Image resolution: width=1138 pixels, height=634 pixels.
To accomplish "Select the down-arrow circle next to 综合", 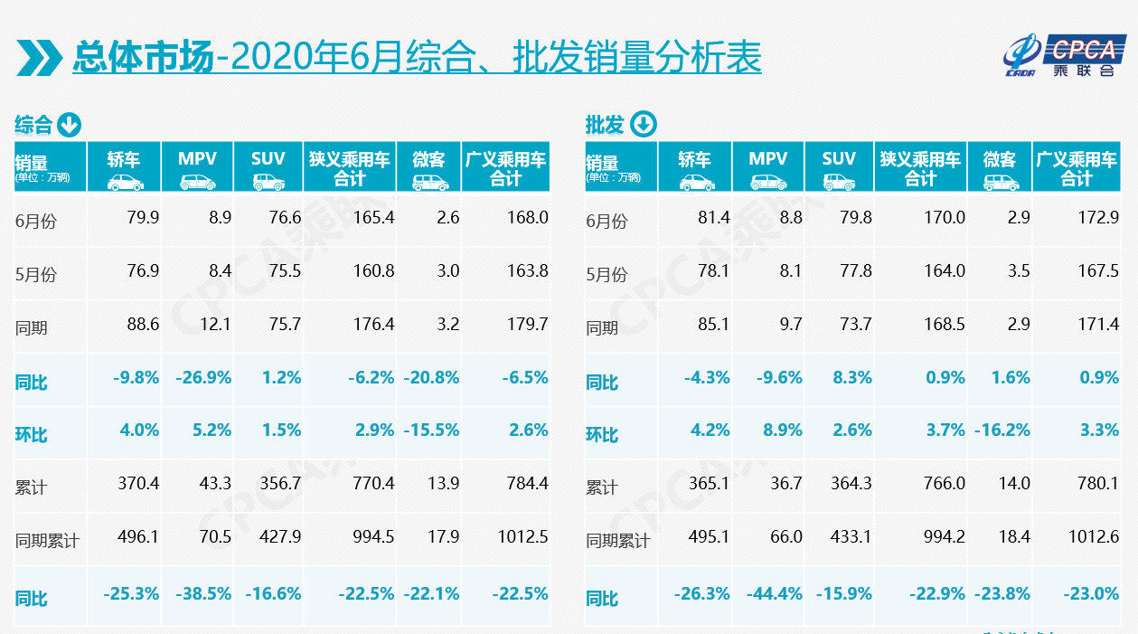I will pos(71,124).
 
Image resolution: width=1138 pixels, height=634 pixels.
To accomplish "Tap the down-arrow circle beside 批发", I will pos(644,124).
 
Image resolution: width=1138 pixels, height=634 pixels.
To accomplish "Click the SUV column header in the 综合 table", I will pos(268,159).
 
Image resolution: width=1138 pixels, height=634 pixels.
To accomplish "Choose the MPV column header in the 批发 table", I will pos(767,159).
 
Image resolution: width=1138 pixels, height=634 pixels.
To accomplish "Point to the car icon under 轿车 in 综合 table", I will pos(125,182).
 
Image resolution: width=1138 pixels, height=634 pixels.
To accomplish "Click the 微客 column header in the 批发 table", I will pos(1000,159).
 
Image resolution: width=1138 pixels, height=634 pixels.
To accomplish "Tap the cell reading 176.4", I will pos(373,324).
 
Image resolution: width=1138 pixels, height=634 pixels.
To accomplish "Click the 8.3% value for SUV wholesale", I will pos(852,377).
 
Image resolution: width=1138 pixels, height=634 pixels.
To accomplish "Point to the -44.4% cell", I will pos(774,593).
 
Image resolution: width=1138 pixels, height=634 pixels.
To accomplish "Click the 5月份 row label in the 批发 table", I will pos(606,273).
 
